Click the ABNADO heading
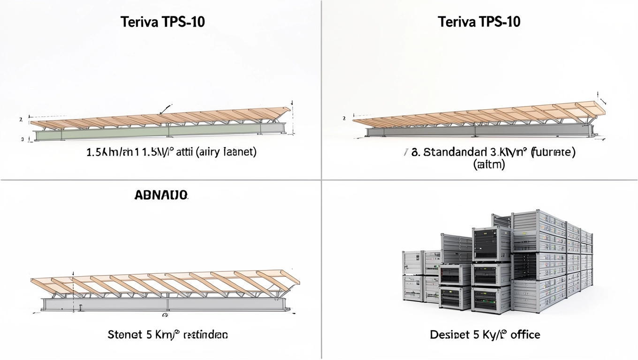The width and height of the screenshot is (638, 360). (161, 195)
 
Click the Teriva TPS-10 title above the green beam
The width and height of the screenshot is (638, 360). (162, 22)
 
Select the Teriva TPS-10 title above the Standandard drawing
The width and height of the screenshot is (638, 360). (479, 22)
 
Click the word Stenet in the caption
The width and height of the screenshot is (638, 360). (125, 335)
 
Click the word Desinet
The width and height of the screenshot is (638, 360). (447, 335)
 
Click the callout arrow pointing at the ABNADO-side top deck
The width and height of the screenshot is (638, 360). (165, 109)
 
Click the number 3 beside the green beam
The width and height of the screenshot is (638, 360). (22, 139)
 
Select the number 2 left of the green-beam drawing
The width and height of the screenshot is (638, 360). (21, 120)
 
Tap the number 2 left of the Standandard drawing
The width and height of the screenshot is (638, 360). (344, 119)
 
